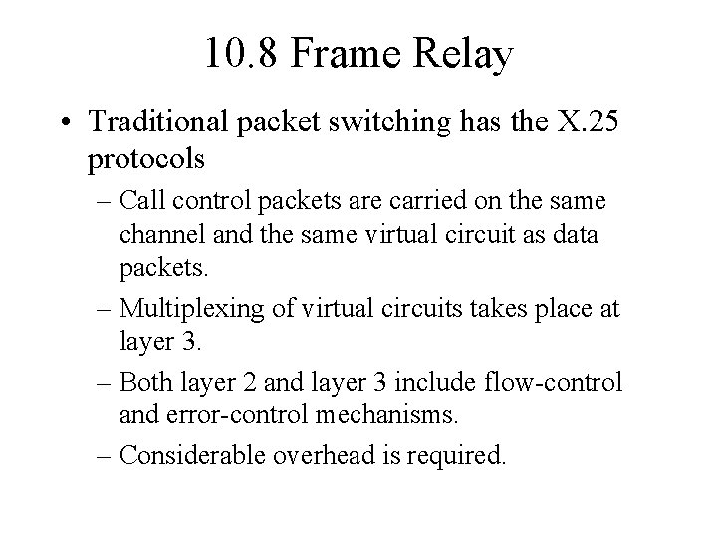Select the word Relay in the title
tap(466, 54)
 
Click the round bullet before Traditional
tap(68, 123)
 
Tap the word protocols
tap(146, 159)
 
